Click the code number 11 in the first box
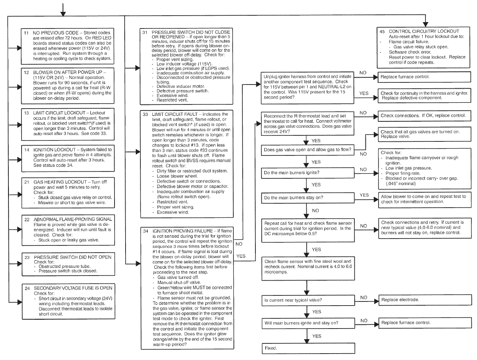coord(26,33)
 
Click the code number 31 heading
coord(145,32)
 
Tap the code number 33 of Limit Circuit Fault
coord(145,114)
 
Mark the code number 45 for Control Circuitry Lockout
coord(382,31)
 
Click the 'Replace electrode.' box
coord(424,300)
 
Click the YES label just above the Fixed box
coord(317,336)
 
